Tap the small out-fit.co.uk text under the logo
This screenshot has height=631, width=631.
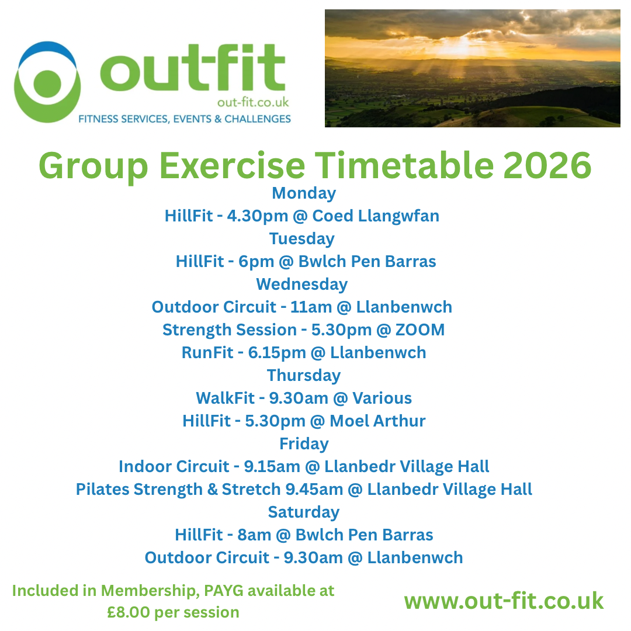[x=253, y=103]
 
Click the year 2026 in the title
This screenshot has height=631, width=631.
[x=547, y=165]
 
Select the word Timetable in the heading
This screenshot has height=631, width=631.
[x=404, y=165]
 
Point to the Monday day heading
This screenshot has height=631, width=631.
[x=304, y=193]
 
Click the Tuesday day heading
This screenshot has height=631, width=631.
[x=302, y=239]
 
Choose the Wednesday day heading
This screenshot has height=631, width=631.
[x=302, y=284]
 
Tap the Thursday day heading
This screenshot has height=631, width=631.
[x=304, y=376]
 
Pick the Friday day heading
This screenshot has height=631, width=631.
[x=304, y=444]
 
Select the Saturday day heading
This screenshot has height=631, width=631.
[x=304, y=512]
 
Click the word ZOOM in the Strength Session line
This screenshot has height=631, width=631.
[x=420, y=330]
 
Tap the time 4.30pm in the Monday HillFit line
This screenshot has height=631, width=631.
[x=258, y=216]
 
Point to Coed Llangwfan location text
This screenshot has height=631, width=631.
[x=376, y=216]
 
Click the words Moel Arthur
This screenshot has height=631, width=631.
[x=377, y=421]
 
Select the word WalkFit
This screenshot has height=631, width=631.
[x=225, y=398]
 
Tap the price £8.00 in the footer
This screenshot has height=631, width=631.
[x=129, y=612]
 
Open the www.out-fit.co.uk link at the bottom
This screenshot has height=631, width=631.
[x=504, y=601]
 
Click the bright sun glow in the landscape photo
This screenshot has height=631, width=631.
[x=459, y=46]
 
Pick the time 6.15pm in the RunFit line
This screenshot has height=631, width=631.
[x=277, y=353]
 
